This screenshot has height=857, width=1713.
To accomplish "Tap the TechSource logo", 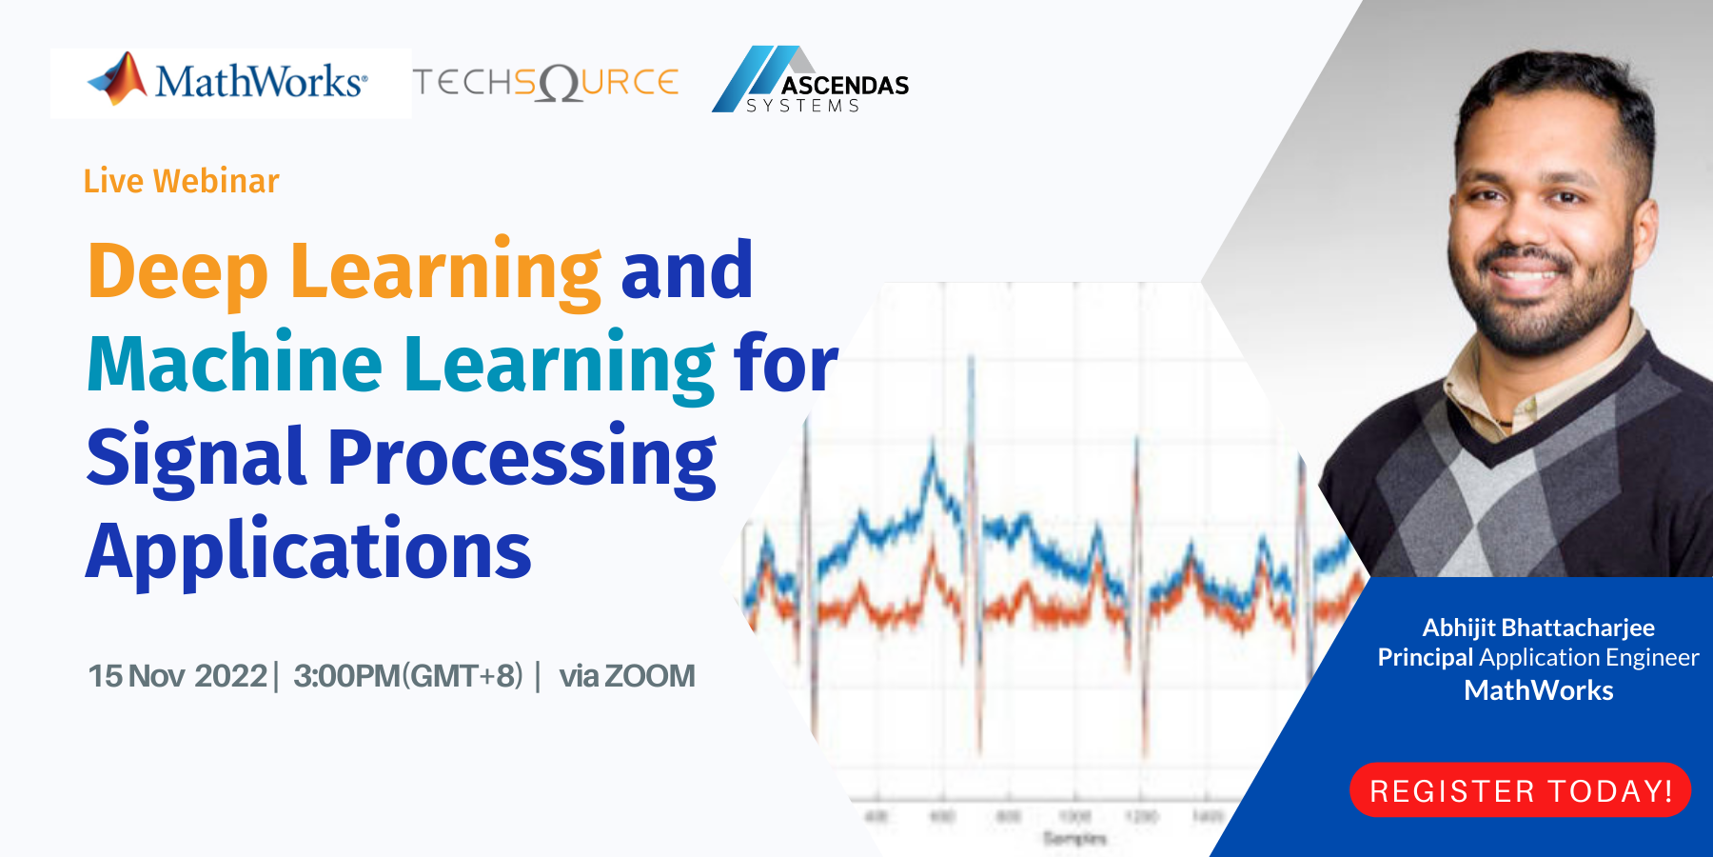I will tap(545, 83).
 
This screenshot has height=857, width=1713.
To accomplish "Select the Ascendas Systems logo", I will tap(811, 82).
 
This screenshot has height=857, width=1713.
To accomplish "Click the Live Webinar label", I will tap(181, 181).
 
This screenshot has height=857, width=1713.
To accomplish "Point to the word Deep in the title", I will tap(178, 272).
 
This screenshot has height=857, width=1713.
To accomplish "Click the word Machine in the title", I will tap(234, 365).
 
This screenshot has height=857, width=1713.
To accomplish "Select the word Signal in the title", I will tap(196, 458).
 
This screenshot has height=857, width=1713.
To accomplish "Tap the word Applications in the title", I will tap(308, 551).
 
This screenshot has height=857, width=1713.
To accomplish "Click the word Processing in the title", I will tap(522, 458).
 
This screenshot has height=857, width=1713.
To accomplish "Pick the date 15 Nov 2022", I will tap(177, 676).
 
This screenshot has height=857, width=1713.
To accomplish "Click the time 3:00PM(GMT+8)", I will tap(407, 676).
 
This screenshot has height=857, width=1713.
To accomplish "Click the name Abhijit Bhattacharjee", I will tap(1538, 628).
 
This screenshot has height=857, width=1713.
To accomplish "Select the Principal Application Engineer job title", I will tap(1538, 658).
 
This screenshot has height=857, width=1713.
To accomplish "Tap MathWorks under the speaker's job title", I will tap(1538, 690).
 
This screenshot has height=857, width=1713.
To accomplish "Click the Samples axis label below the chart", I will tap(1074, 838).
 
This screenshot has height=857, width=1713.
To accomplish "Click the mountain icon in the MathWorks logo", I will tap(120, 78).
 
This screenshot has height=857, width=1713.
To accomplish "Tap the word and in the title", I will tap(686, 272).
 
